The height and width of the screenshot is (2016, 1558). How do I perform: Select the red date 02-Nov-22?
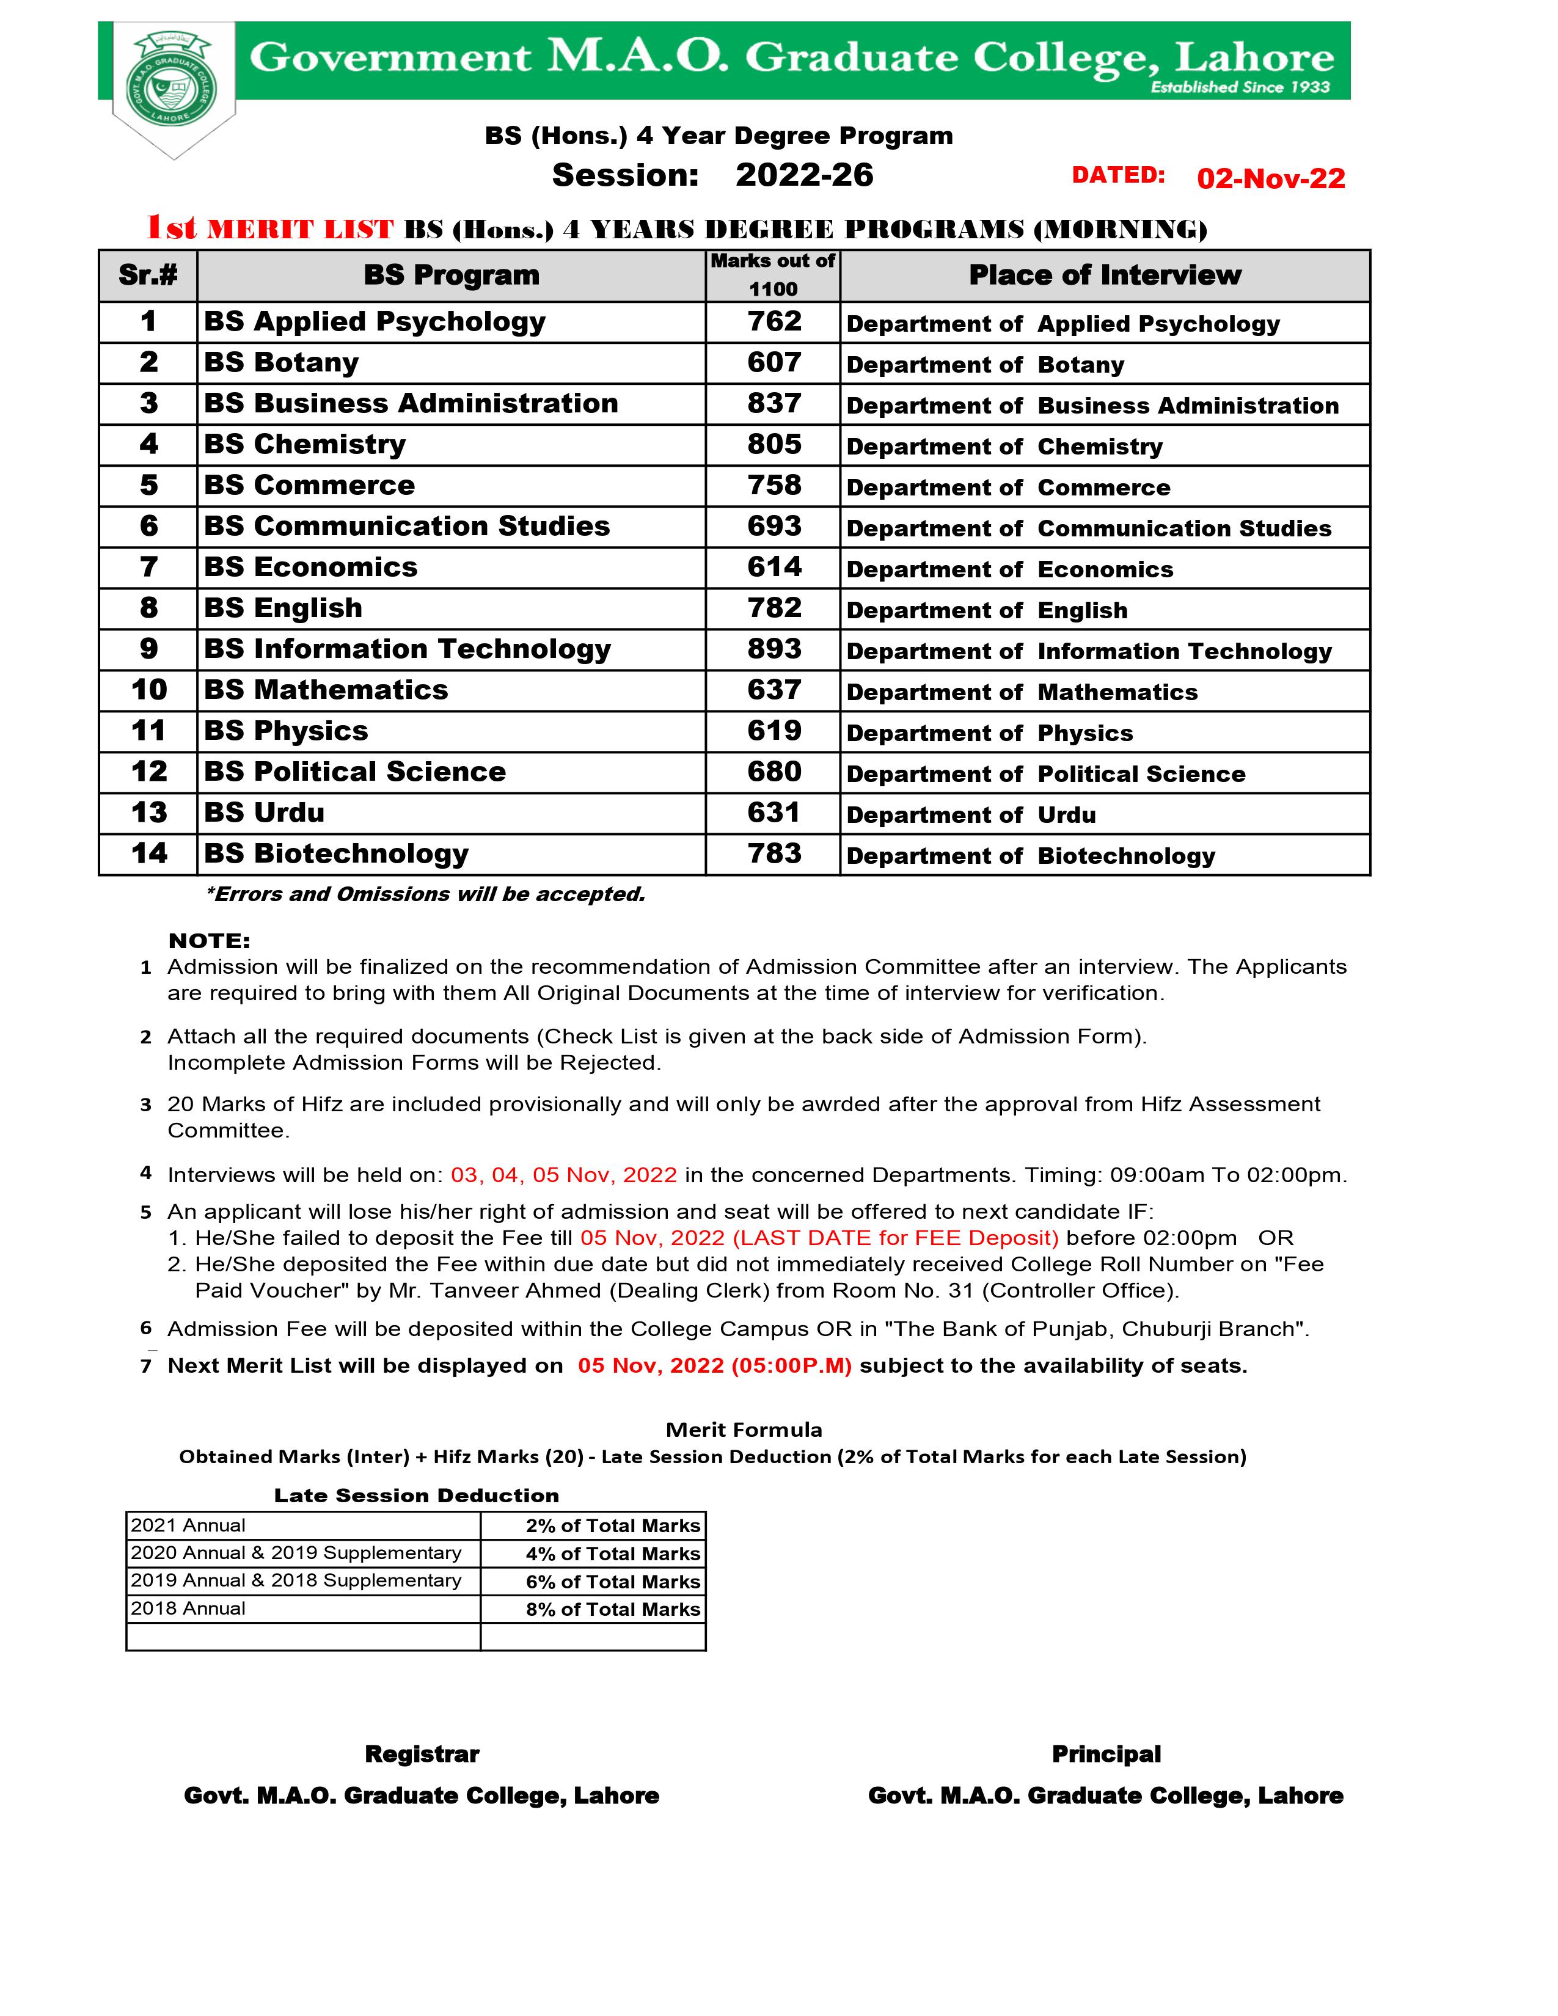point(1270,178)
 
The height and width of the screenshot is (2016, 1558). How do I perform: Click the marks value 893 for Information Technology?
point(774,649)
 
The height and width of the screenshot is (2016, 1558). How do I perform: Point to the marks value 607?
point(774,363)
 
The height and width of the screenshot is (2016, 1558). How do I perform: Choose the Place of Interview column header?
point(1104,275)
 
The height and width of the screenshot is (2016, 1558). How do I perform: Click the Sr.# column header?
point(148,275)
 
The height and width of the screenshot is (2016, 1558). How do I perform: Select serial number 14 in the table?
point(148,854)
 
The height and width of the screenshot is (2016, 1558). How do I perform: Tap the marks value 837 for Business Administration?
point(774,403)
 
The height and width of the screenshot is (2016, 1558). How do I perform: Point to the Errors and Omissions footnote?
point(425,894)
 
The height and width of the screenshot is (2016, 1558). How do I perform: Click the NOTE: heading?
point(208,941)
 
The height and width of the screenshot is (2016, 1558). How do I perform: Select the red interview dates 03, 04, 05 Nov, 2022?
point(563,1175)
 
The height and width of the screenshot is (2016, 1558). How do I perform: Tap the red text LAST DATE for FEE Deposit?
point(819,1238)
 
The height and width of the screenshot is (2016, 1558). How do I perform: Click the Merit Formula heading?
point(743,1430)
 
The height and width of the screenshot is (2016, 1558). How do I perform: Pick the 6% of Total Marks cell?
point(613,1581)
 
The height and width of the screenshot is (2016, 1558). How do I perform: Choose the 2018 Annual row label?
point(188,1608)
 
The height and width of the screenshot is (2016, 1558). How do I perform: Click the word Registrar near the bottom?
point(422,1755)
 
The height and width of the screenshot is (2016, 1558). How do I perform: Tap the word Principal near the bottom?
point(1106,1755)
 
